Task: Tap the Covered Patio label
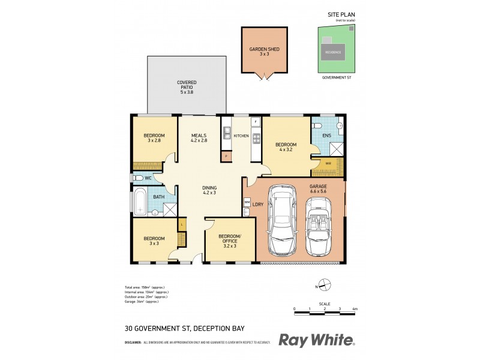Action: pyautogui.click(x=187, y=86)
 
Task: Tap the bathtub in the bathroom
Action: pyautogui.click(x=140, y=201)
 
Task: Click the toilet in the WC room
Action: pyautogui.click(x=138, y=178)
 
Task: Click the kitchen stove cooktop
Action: pyautogui.click(x=256, y=139)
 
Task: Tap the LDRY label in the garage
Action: pyautogui.click(x=259, y=205)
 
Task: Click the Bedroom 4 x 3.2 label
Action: pyautogui.click(x=286, y=148)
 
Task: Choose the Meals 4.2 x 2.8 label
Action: pyautogui.click(x=199, y=138)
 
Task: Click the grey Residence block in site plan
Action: pyautogui.click(x=333, y=52)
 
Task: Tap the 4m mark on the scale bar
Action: pyautogui.click(x=355, y=308)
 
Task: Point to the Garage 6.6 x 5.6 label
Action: pyautogui.click(x=318, y=190)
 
